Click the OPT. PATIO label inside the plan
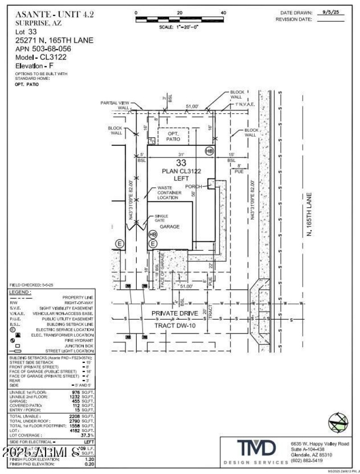174,137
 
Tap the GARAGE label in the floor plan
170,226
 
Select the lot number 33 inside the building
181,163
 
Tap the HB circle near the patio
209,151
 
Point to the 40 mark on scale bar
223,13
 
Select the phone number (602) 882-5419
307,460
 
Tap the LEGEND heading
20,293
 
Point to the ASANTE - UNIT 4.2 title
54,14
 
